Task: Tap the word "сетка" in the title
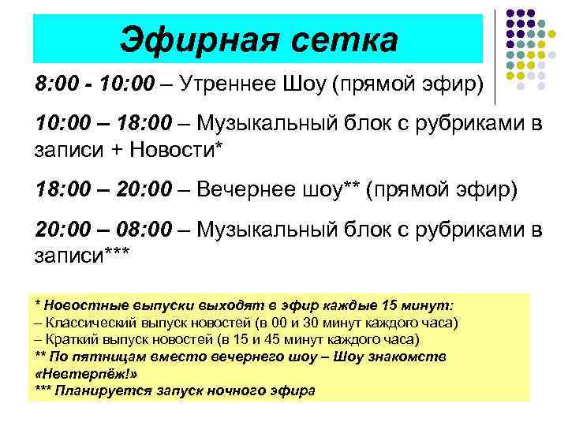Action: click(x=344, y=38)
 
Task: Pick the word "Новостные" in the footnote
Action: click(x=85, y=306)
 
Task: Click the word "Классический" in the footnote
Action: click(x=92, y=323)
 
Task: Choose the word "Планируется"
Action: click(x=103, y=390)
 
